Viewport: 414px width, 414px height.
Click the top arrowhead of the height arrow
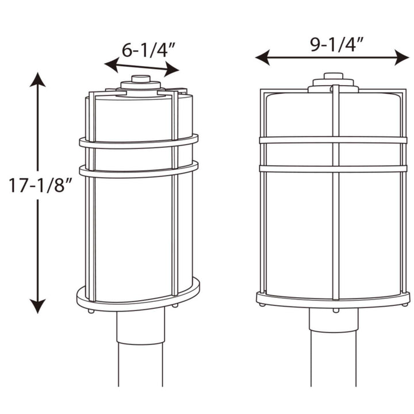point(38,79)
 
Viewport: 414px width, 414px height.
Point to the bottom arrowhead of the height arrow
point(38,307)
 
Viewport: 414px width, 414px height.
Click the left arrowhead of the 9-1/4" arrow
point(262,57)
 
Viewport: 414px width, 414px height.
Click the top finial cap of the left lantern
point(140,79)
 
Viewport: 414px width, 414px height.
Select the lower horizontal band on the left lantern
point(139,170)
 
